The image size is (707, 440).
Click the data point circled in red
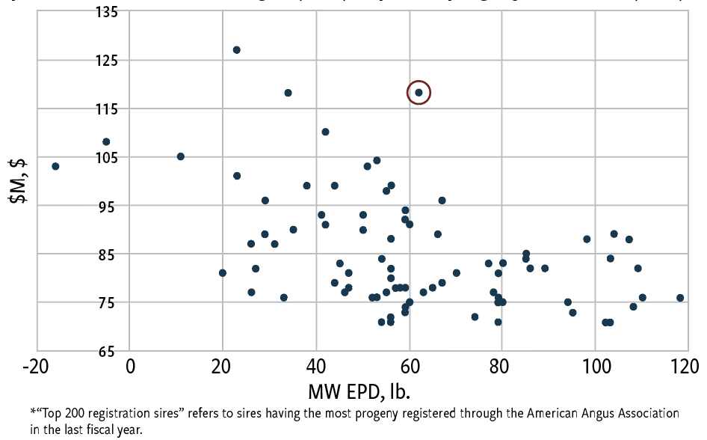coord(419,93)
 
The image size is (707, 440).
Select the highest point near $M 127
coord(236,50)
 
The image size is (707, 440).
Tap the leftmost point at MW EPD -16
coord(55,166)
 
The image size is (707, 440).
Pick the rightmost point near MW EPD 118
coord(680,298)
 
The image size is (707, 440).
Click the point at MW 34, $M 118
coord(288,93)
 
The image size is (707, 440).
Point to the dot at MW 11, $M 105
coord(180,156)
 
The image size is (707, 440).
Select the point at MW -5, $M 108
coord(106,142)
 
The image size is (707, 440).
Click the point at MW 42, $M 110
coord(325,132)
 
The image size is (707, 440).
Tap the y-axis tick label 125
coord(111,60)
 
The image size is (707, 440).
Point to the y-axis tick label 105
coord(111,157)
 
